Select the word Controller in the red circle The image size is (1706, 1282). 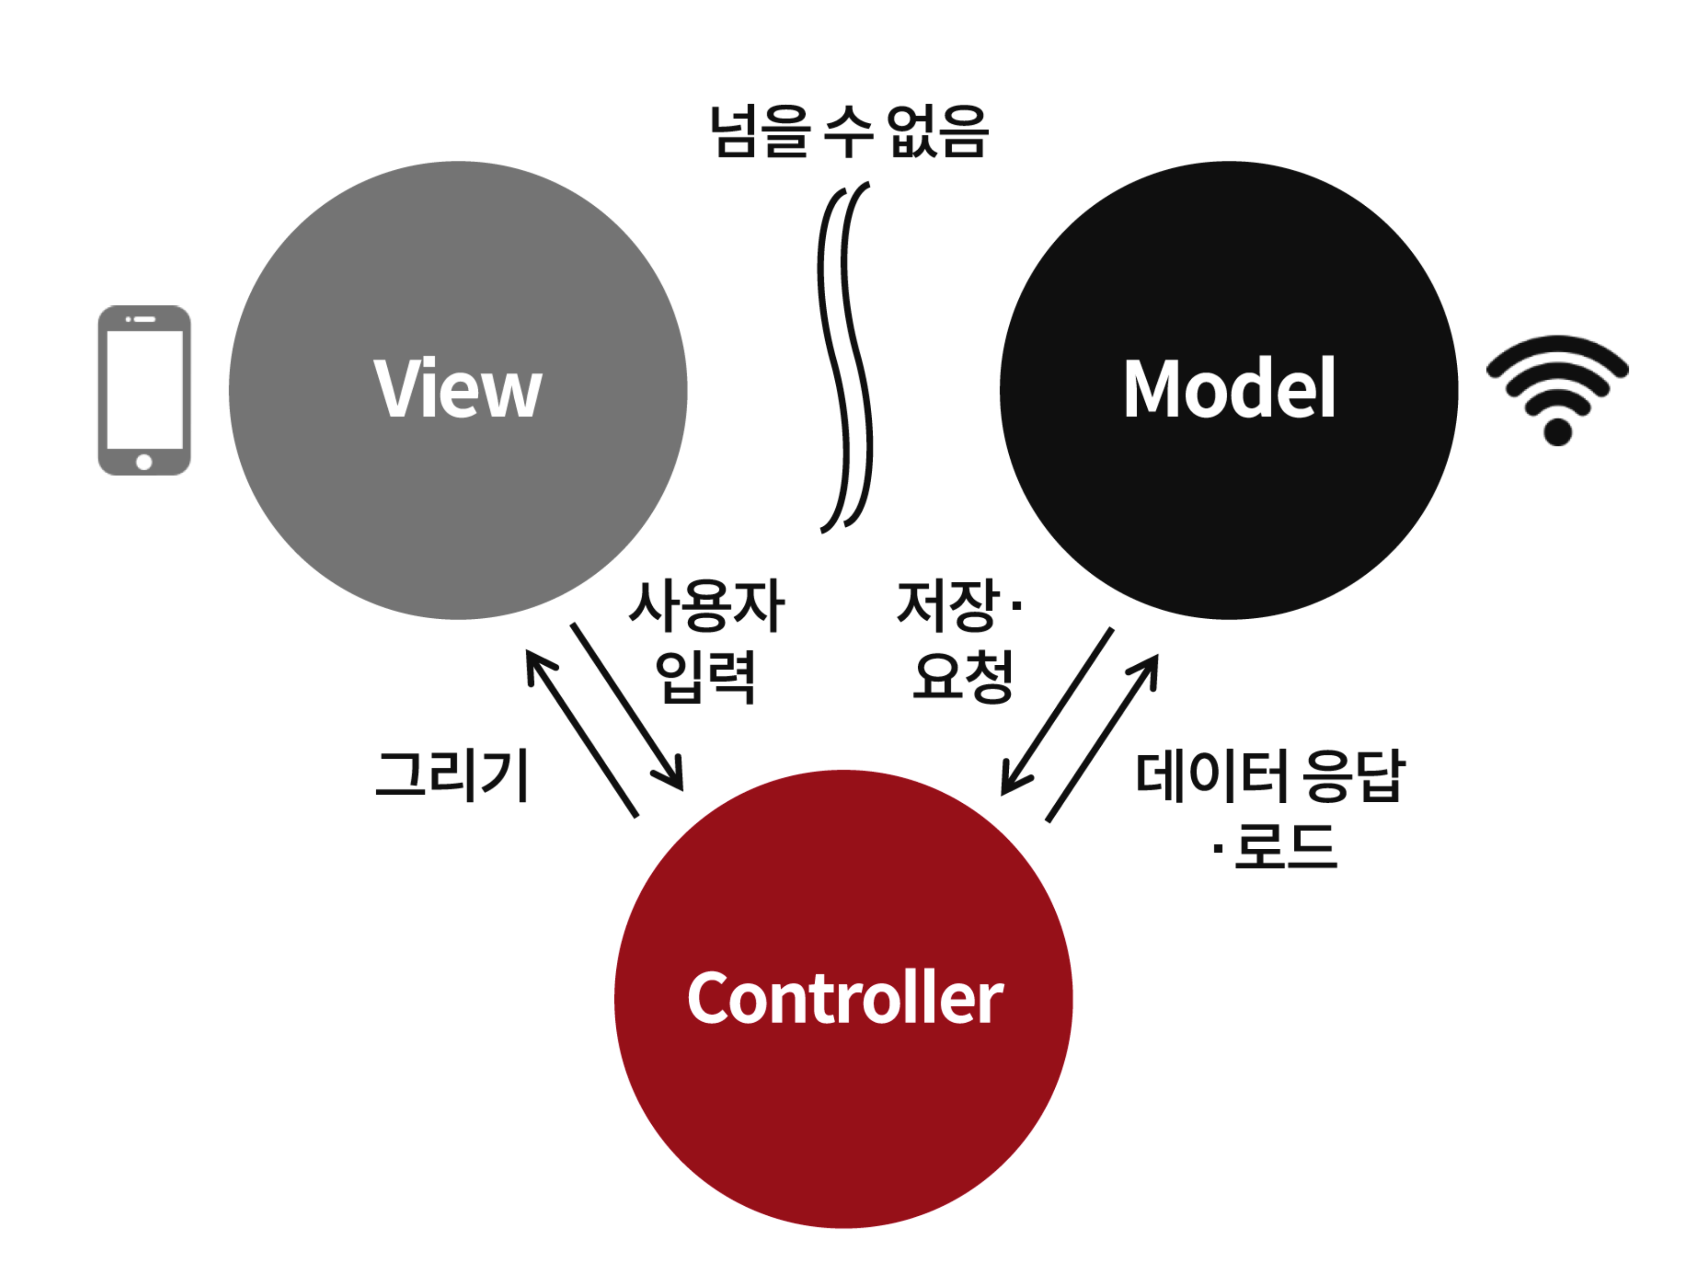click(844, 998)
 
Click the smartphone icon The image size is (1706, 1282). click(144, 390)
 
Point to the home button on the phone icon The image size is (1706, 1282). click(144, 462)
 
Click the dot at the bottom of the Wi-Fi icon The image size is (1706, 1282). click(1557, 432)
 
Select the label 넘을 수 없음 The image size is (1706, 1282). click(848, 132)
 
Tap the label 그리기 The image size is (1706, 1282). click(453, 775)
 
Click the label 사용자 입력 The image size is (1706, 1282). click(706, 642)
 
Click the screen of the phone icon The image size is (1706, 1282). click(144, 389)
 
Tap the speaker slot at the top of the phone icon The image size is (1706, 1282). click(145, 319)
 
